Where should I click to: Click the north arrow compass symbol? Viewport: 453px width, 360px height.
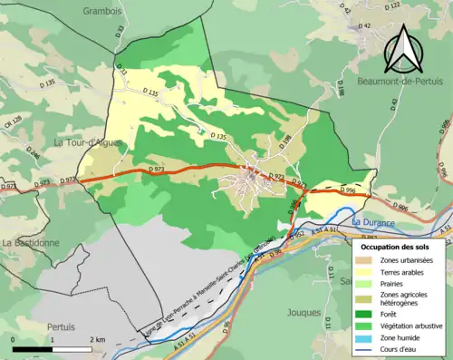point(405,48)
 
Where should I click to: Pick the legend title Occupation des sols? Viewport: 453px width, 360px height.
point(396,246)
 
